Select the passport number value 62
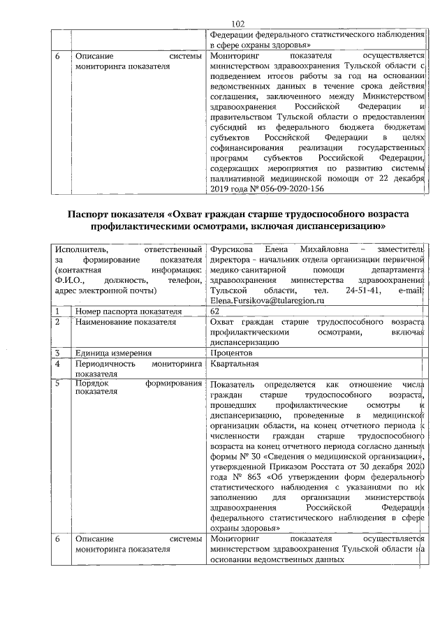[x=214, y=311]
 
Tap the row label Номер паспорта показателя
[x=125, y=311]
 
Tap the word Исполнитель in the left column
[x=83, y=249]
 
